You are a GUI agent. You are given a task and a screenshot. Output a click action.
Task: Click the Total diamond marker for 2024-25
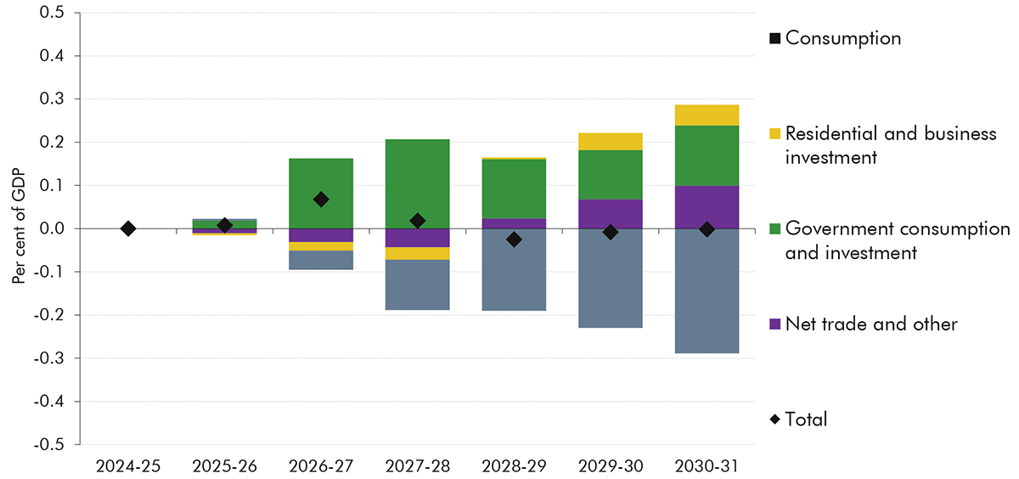coord(127,228)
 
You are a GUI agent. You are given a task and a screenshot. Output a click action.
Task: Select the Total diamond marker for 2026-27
coord(321,200)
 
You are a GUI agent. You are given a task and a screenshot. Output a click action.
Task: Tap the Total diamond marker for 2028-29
coord(514,239)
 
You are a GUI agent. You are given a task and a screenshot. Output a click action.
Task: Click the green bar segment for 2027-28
coord(417,183)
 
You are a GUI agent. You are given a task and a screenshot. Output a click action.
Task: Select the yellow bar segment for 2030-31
coord(707,115)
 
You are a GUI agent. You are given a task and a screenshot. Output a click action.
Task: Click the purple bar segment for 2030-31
coord(707,206)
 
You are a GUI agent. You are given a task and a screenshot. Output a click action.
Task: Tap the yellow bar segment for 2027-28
coord(417,253)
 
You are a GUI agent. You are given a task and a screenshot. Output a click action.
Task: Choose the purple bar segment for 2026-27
coord(321,235)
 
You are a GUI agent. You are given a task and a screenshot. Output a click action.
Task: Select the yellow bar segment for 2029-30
coord(611,142)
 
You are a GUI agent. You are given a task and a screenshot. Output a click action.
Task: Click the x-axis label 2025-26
coord(224,465)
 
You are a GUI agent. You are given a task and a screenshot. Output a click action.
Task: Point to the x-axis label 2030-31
coord(707,465)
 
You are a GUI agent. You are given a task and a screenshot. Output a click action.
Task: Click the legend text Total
coord(806,419)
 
